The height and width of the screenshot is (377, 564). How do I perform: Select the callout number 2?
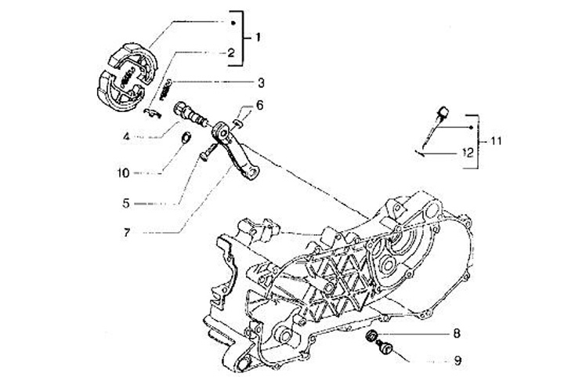(231, 53)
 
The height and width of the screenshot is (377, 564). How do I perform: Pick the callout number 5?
(125, 202)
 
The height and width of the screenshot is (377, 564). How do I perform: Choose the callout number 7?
(125, 232)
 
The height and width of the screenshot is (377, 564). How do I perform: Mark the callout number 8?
(457, 333)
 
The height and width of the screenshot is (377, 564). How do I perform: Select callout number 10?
(125, 171)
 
